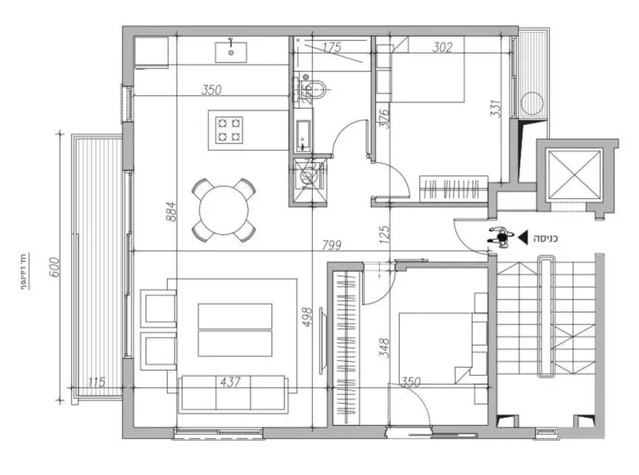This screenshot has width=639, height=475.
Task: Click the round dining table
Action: [x=222, y=208]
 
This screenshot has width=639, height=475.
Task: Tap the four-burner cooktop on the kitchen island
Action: [x=229, y=129]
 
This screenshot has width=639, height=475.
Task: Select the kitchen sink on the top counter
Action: [x=231, y=52]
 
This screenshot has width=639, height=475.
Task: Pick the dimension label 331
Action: [x=495, y=110]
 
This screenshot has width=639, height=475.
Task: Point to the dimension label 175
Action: [x=331, y=47]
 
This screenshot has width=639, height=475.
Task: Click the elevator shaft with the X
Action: [x=571, y=176]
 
